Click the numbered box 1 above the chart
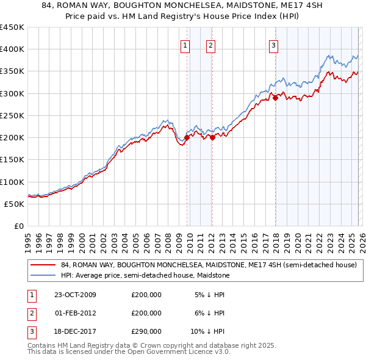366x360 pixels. (185, 45)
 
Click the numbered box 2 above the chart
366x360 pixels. (210, 45)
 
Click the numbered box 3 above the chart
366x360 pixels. (274, 45)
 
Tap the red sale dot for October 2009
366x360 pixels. (187, 137)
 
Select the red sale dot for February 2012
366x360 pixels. (212, 137)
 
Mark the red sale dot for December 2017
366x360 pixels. (275, 98)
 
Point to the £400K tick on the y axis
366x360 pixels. (12, 49)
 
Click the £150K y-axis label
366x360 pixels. (12, 160)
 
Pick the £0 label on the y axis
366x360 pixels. (19, 226)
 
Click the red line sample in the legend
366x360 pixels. (43, 265)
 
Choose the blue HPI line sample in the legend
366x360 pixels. (43, 276)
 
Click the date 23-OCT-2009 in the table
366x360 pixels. (75, 295)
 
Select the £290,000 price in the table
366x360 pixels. (146, 331)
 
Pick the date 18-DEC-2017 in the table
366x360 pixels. (75, 331)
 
